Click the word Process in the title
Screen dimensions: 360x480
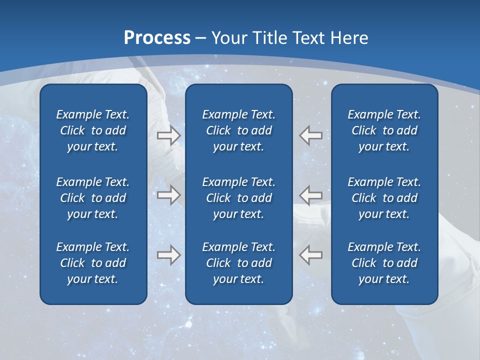(157, 38)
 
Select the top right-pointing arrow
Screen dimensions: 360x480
(168, 135)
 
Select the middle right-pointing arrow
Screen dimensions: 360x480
(168, 194)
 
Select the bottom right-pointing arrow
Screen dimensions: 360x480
(168, 254)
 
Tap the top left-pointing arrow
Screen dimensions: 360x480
(310, 135)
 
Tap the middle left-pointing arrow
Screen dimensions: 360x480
(310, 194)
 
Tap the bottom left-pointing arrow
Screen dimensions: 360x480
(310, 254)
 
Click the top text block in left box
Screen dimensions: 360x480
(93, 130)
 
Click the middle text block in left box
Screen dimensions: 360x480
(93, 198)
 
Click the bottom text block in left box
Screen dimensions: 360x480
(93, 263)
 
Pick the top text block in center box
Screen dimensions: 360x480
(239, 130)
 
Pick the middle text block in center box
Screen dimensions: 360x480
(239, 198)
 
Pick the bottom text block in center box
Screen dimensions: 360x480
(239, 263)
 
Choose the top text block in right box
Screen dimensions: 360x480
(384, 130)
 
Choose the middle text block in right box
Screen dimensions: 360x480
(384, 198)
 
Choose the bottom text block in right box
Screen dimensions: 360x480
(384, 263)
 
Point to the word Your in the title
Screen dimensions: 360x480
(229, 38)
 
